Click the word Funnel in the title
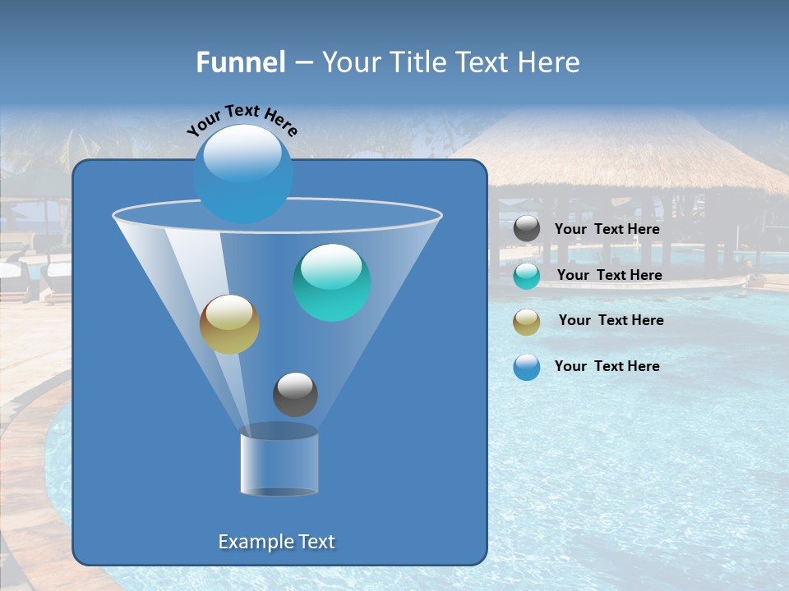pyautogui.click(x=240, y=62)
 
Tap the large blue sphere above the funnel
pyautogui.click(x=242, y=173)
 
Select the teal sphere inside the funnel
pyautogui.click(x=332, y=282)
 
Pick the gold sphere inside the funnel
pyautogui.click(x=229, y=324)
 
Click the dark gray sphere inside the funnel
pyautogui.click(x=295, y=395)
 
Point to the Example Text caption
pyautogui.click(x=276, y=542)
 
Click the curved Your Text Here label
pyautogui.click(x=242, y=120)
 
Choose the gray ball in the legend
pyautogui.click(x=527, y=229)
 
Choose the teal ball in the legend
pyautogui.click(x=527, y=276)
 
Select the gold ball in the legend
pyautogui.click(x=527, y=322)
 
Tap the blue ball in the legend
pyautogui.click(x=527, y=367)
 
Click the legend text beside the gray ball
pyautogui.click(x=607, y=230)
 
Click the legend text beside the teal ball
pyautogui.click(x=609, y=276)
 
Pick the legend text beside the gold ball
pyautogui.click(x=611, y=321)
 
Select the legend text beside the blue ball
pyautogui.click(x=607, y=367)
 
